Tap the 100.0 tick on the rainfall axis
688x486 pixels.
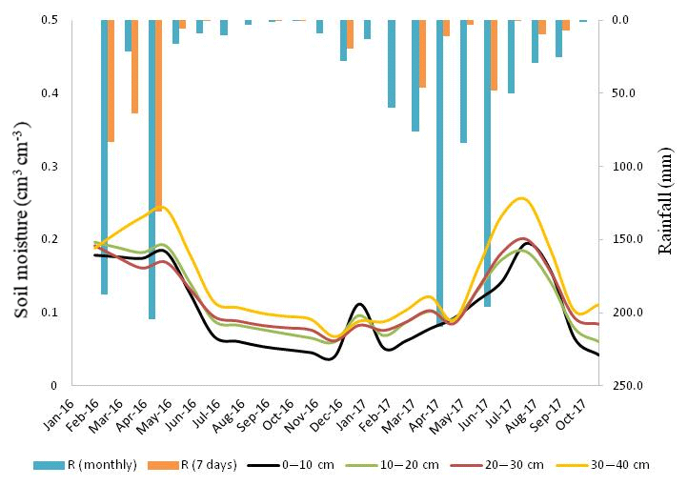[x=624, y=166]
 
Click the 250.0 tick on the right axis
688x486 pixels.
[x=624, y=386]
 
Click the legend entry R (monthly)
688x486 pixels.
[x=87, y=464]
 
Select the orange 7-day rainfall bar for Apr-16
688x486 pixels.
[x=158, y=114]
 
